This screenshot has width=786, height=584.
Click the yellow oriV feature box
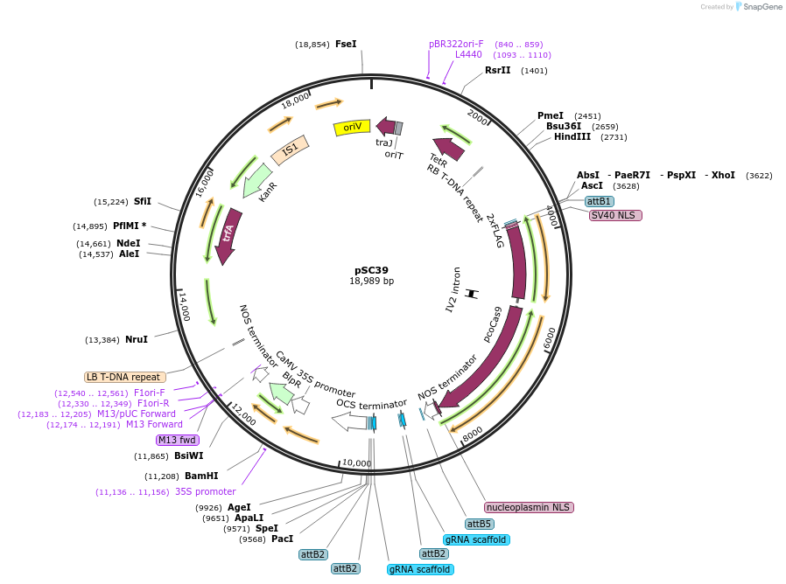tap(353, 128)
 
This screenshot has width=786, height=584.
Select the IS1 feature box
tap(290, 149)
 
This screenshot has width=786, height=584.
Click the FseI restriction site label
tap(346, 44)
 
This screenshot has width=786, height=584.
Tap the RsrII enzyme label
tap(498, 70)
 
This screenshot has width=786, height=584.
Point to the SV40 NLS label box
tap(615, 215)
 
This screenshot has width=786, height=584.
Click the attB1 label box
tap(599, 201)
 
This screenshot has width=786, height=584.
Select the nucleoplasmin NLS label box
tap(529, 507)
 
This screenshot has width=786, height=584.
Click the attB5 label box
tap(479, 524)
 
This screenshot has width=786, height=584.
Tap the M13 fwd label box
tap(178, 440)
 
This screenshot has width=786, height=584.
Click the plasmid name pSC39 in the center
tap(371, 270)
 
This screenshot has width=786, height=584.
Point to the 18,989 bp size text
tap(371, 282)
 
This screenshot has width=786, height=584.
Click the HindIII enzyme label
tap(572, 136)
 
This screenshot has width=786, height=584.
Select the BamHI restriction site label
tap(201, 476)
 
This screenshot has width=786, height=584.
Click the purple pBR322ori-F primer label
tap(456, 44)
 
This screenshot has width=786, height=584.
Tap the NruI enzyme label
tap(136, 339)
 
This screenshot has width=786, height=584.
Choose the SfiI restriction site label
tap(143, 201)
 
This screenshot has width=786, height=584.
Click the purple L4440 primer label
tap(468, 54)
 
